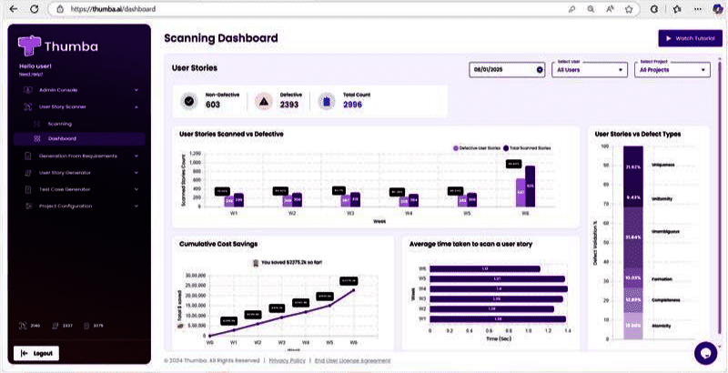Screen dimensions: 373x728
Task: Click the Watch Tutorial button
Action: (x=684, y=39)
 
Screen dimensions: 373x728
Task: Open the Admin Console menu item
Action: (x=59, y=90)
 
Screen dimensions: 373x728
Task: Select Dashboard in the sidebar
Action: (x=62, y=139)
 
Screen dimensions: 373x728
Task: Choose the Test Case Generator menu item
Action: (x=65, y=189)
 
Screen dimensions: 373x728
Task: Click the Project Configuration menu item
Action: (x=66, y=206)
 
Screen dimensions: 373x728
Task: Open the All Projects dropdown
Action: (x=673, y=69)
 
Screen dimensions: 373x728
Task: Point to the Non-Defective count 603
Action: (x=213, y=105)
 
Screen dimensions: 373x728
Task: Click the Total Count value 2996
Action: (x=353, y=105)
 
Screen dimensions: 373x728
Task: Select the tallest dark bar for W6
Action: (x=531, y=186)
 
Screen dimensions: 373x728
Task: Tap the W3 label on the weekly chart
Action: (x=350, y=214)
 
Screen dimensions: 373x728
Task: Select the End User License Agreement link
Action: (x=352, y=361)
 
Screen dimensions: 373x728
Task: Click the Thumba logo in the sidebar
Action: (x=59, y=45)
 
